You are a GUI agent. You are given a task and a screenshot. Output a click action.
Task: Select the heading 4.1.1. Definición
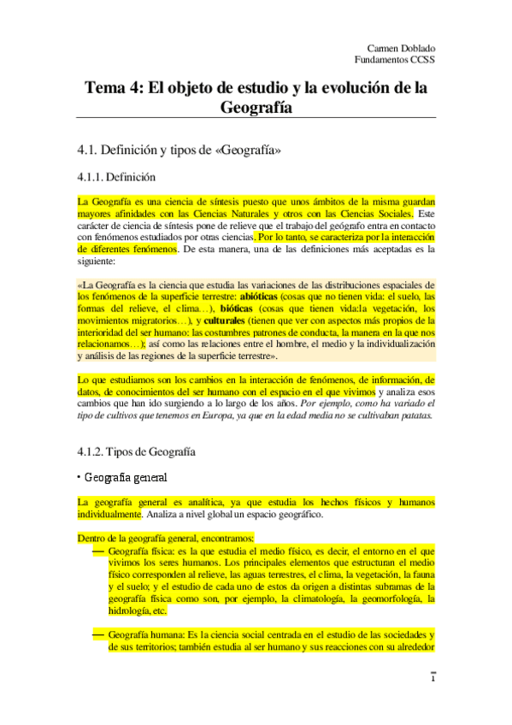(x=116, y=178)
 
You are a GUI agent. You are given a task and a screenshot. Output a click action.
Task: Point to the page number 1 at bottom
(x=433, y=679)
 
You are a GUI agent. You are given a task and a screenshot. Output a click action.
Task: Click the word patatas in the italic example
(x=417, y=416)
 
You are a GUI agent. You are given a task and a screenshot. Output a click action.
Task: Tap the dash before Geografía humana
(x=97, y=635)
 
